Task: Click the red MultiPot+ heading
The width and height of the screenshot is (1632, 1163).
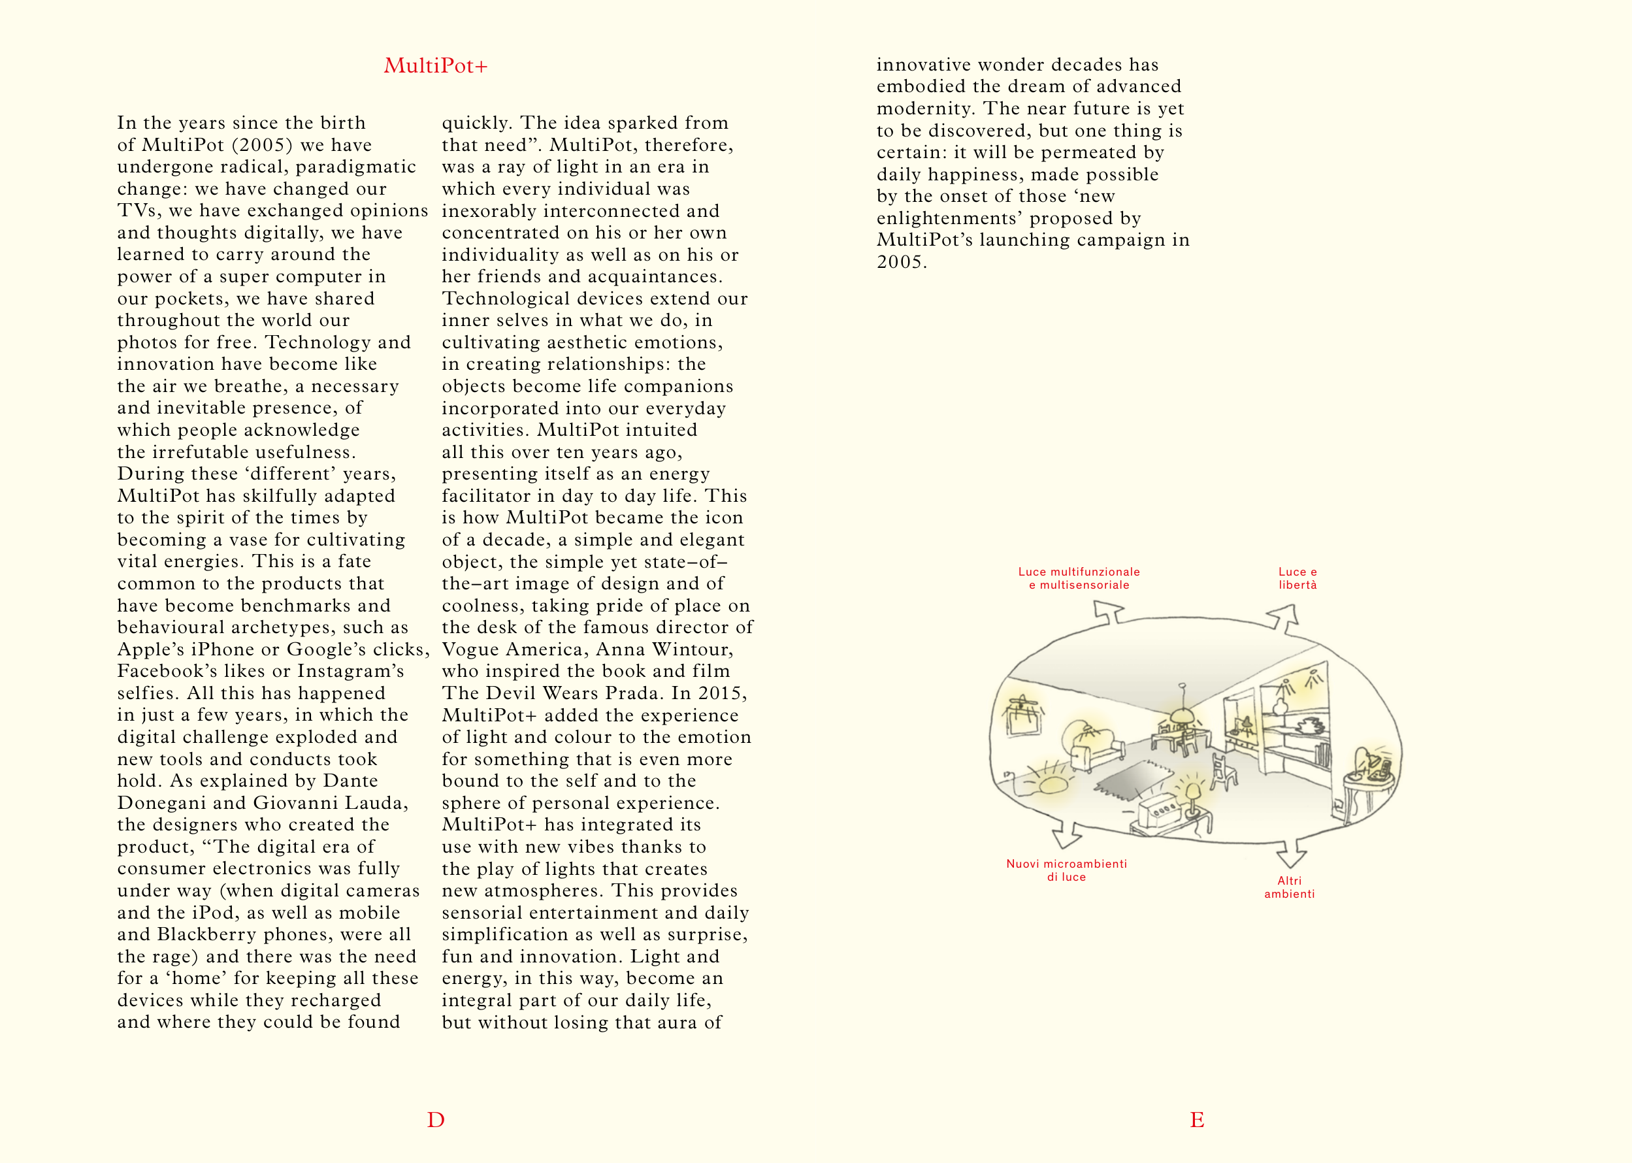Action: pos(435,66)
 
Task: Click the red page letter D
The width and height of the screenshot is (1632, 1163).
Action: pos(435,1119)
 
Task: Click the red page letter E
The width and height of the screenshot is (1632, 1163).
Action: pos(1197,1119)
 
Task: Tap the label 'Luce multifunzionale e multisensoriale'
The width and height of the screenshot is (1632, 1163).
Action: pos(1079,578)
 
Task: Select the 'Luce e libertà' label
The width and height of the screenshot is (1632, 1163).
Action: pos(1297,578)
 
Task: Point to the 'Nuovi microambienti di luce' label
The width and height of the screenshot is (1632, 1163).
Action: pos(1066,870)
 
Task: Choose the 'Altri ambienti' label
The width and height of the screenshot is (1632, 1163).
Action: pos(1289,887)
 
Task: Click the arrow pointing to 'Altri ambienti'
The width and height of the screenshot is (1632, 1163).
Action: pos(1291,855)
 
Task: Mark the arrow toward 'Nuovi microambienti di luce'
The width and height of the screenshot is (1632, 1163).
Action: pos(1066,835)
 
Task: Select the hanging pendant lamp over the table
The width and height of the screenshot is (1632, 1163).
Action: pos(1181,713)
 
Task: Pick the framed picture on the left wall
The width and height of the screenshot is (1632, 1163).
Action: pos(1022,716)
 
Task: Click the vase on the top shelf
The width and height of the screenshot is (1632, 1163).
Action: pos(1281,706)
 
